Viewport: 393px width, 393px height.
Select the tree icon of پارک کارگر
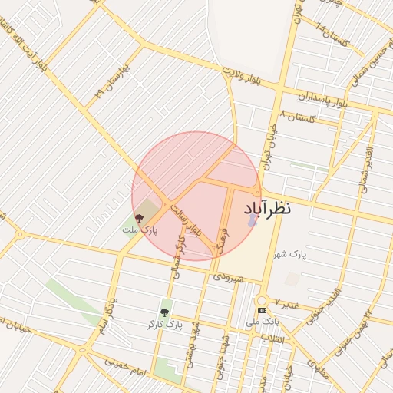click(163, 312)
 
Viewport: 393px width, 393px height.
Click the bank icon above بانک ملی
click(263, 310)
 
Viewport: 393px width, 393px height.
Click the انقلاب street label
click(273, 337)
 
